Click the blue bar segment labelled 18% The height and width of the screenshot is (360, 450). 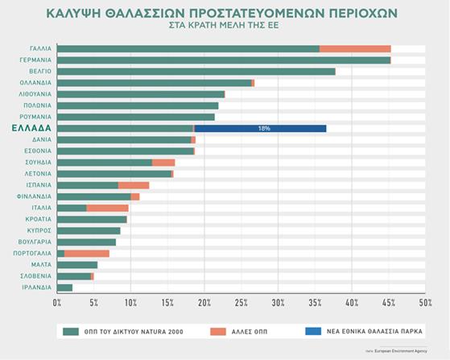coord(260,128)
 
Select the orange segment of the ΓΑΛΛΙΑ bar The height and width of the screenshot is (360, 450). coord(355,49)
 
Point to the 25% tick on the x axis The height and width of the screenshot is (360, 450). coord(242,303)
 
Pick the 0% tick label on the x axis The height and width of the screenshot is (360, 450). coord(57,303)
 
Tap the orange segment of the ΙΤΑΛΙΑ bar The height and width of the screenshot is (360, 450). coord(107,208)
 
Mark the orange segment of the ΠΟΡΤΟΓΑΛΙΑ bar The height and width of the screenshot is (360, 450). coord(86,253)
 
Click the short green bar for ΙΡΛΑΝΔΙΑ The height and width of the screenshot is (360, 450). coord(65,288)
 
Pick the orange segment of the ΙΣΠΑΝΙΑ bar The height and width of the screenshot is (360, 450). coord(134,185)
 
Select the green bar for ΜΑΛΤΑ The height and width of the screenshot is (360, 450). coord(77,265)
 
